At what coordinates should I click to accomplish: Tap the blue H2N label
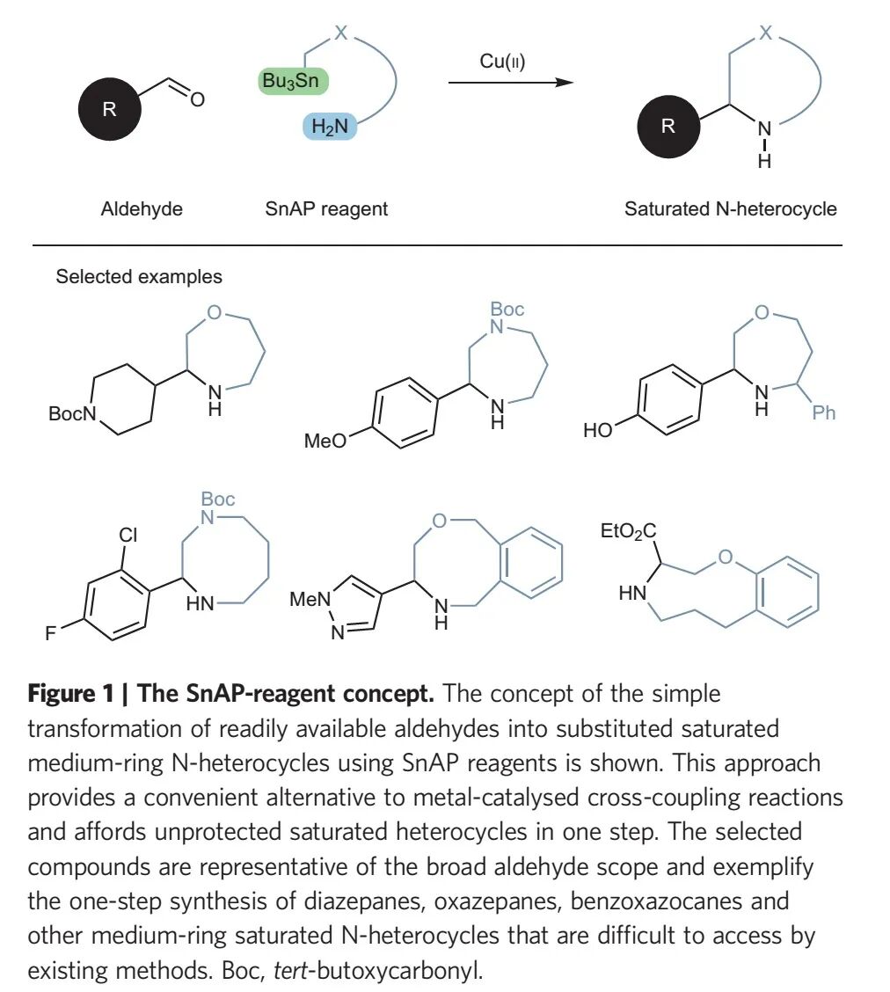pyautogui.click(x=330, y=127)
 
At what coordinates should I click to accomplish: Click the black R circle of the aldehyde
pyautogui.click(x=109, y=110)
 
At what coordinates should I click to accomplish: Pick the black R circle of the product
pyautogui.click(x=668, y=126)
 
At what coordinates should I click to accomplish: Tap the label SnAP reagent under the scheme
pyautogui.click(x=326, y=209)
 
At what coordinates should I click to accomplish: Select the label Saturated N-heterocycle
pyautogui.click(x=730, y=209)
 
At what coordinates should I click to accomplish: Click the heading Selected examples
pyautogui.click(x=139, y=277)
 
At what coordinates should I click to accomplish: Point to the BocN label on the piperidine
pyautogui.click(x=71, y=414)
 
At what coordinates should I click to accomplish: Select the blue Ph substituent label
pyautogui.click(x=824, y=412)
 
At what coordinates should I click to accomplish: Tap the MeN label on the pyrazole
pyautogui.click(x=310, y=600)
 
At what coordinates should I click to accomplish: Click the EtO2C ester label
pyautogui.click(x=630, y=530)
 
